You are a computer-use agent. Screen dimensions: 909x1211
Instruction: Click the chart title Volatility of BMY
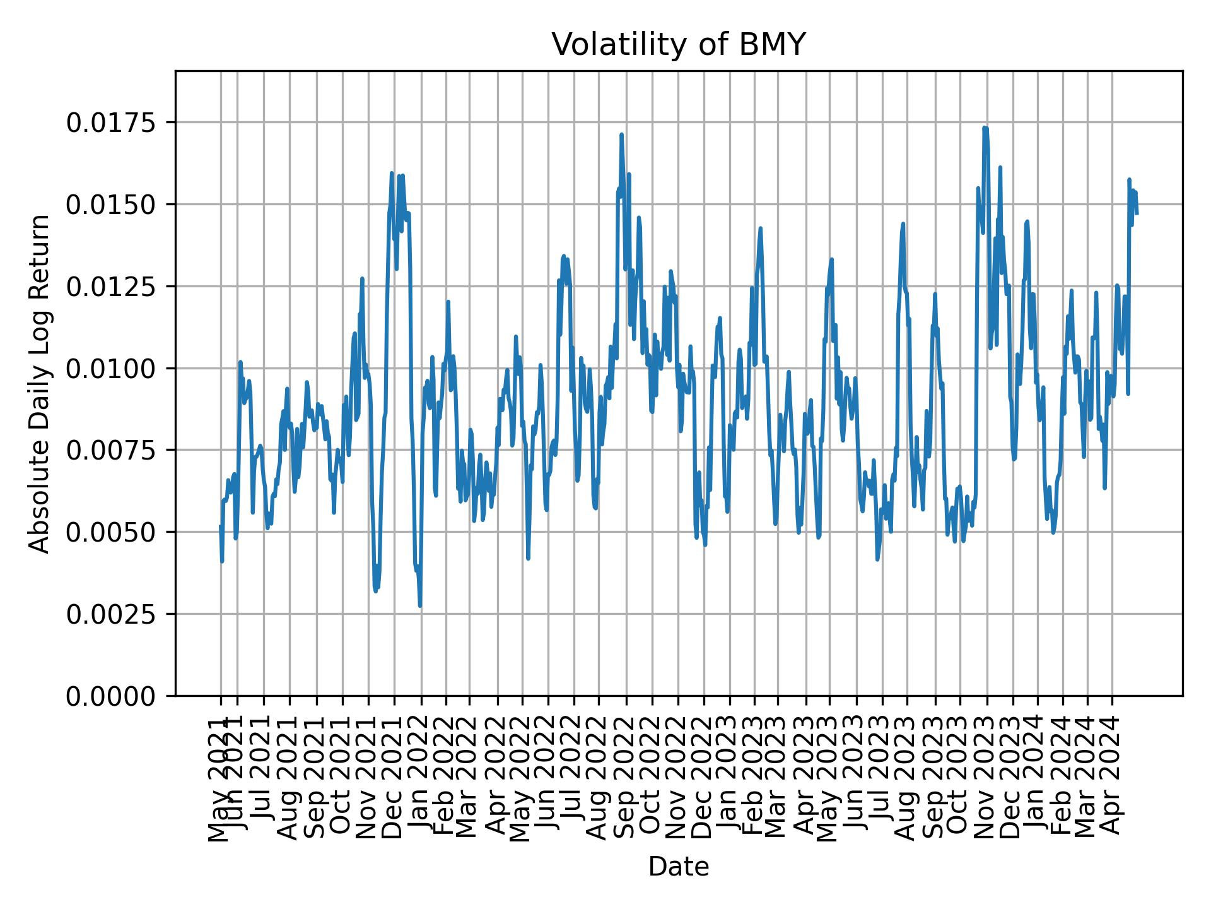(x=679, y=45)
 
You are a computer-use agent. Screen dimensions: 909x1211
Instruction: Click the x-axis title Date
(x=679, y=867)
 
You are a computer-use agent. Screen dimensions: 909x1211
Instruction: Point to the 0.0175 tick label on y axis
(x=112, y=122)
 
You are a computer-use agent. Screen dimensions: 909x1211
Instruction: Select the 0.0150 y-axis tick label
(x=112, y=205)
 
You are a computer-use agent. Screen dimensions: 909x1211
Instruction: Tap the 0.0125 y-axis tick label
(x=112, y=286)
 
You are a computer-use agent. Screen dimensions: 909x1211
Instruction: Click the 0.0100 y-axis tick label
(x=112, y=368)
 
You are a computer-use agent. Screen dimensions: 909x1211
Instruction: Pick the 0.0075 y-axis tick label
(x=112, y=450)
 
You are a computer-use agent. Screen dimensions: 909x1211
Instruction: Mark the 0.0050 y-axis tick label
(x=112, y=532)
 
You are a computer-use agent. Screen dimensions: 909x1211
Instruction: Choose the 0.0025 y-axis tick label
(x=112, y=614)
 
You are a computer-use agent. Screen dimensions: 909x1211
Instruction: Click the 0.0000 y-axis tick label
(x=112, y=696)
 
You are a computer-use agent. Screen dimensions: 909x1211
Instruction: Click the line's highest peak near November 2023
(x=985, y=128)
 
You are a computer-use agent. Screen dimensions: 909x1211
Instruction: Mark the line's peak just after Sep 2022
(x=621, y=134)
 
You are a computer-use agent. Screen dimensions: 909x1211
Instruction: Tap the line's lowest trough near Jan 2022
(x=420, y=606)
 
